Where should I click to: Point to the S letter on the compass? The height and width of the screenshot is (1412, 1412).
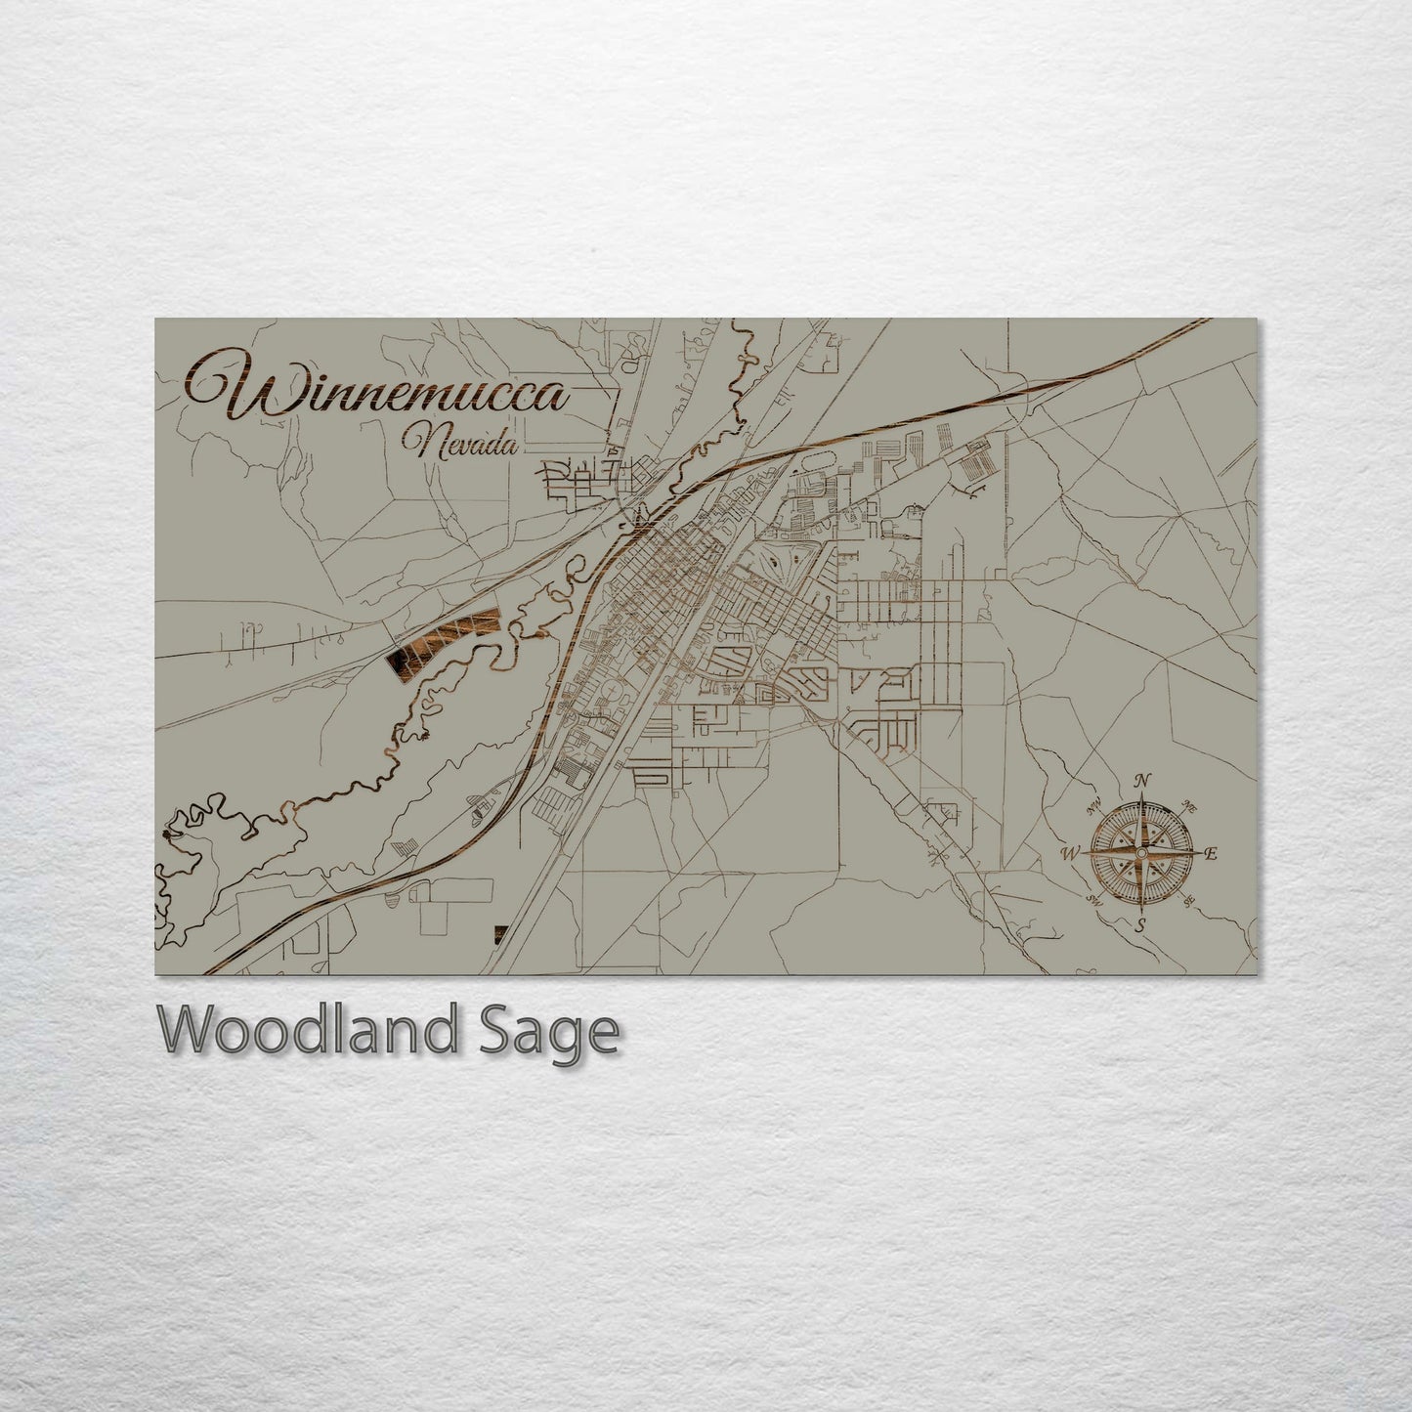[1139, 925]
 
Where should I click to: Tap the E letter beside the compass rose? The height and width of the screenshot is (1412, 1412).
[1210, 854]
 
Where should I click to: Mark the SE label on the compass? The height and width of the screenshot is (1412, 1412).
[1189, 902]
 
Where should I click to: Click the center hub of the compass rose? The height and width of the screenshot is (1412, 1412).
[1139, 853]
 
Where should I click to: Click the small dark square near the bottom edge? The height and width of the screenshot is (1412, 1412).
[501, 934]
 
